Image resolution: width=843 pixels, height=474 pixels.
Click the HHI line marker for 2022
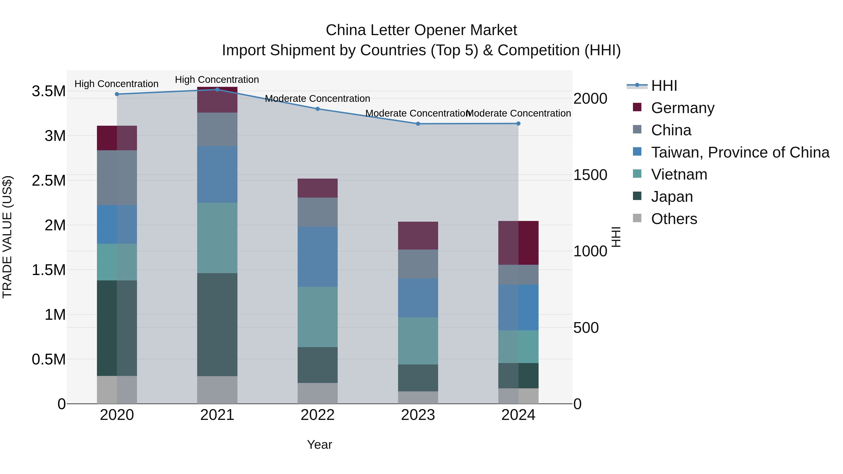pyautogui.click(x=318, y=109)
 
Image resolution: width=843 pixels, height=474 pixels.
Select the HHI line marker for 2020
pyautogui.click(x=117, y=94)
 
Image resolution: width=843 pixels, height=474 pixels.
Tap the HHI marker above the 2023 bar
pyautogui.click(x=418, y=124)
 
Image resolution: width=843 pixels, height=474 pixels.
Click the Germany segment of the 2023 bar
pyautogui.click(x=418, y=235)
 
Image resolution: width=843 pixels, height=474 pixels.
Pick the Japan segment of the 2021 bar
pyautogui.click(x=217, y=324)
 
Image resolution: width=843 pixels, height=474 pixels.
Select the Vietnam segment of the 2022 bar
pyautogui.click(x=318, y=317)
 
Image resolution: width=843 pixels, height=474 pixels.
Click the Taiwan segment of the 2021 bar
pyautogui.click(x=217, y=174)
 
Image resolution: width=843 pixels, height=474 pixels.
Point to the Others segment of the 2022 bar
pyautogui.click(x=318, y=393)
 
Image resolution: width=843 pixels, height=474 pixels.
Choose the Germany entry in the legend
pyautogui.click(x=682, y=108)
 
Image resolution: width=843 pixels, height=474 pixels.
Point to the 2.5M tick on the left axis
pyautogui.click(x=48, y=180)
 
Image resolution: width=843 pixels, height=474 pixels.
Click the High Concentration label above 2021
pyautogui.click(x=217, y=80)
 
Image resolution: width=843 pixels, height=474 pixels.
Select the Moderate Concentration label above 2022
pyautogui.click(x=318, y=99)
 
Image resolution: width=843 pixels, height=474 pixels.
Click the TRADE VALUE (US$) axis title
pyautogui.click(x=7, y=237)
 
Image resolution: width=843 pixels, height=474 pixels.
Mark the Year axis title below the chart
pyautogui.click(x=319, y=445)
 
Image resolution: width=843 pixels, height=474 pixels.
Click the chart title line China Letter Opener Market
pyautogui.click(x=421, y=30)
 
